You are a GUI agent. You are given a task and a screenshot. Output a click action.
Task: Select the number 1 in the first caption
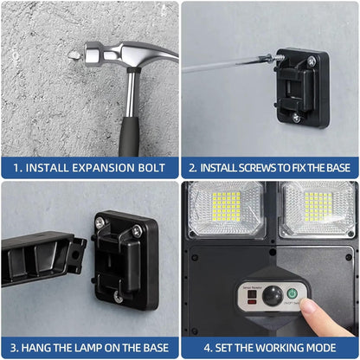(18, 168)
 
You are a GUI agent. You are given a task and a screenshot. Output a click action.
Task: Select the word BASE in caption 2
(333, 168)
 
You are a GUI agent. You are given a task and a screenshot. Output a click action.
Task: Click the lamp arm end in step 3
(43, 259)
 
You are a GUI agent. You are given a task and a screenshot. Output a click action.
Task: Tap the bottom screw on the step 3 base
(118, 296)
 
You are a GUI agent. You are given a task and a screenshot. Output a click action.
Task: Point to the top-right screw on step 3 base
(135, 232)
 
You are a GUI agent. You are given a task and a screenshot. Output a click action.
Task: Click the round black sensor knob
(272, 296)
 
